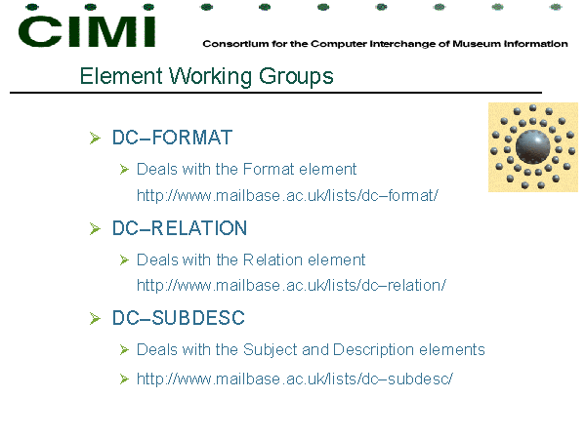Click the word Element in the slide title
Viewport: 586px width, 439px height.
121,76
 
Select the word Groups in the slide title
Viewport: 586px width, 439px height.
296,77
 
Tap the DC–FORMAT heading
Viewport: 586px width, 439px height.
172,138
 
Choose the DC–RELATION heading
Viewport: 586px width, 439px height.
180,228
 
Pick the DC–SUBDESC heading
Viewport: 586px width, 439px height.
179,318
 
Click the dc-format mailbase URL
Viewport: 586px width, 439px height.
287,195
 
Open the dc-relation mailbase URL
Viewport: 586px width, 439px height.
291,285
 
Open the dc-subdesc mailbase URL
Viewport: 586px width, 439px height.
295,379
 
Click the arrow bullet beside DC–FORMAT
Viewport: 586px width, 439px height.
96,139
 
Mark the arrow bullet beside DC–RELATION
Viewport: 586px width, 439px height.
96,229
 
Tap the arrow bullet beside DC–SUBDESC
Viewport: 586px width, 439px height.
96,319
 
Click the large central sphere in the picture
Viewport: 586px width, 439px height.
532,147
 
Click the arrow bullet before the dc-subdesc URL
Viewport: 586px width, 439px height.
124,379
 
